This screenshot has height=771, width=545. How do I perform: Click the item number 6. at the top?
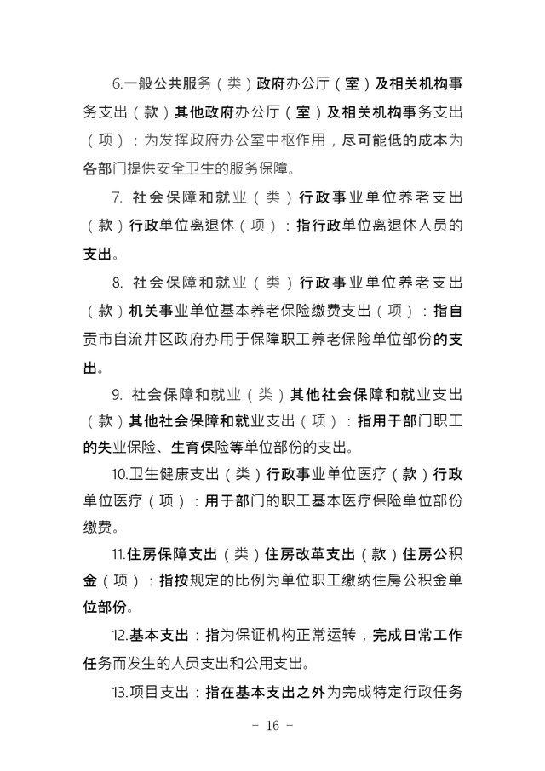[118, 86]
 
